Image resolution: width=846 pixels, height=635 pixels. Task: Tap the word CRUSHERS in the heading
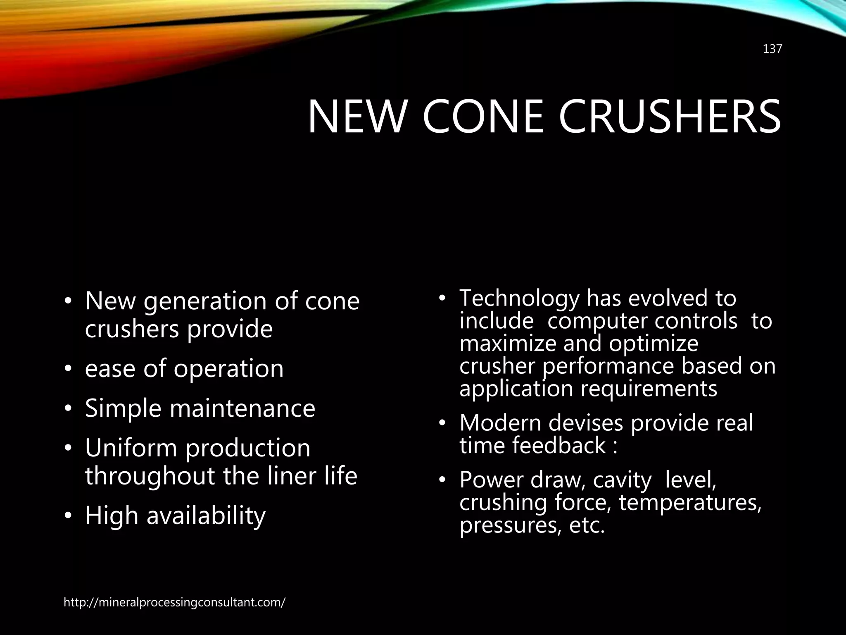pyautogui.click(x=670, y=117)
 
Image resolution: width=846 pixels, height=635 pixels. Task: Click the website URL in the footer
pyautogui.click(x=174, y=602)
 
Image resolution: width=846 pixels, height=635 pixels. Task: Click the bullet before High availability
pyautogui.click(x=68, y=516)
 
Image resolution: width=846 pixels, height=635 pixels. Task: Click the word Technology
pyautogui.click(x=519, y=298)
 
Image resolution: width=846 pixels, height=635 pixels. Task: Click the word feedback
pyautogui.click(x=559, y=446)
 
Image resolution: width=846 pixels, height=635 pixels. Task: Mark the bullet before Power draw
pyautogui.click(x=442, y=480)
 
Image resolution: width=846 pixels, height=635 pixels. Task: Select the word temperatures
pyautogui.click(x=690, y=503)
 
